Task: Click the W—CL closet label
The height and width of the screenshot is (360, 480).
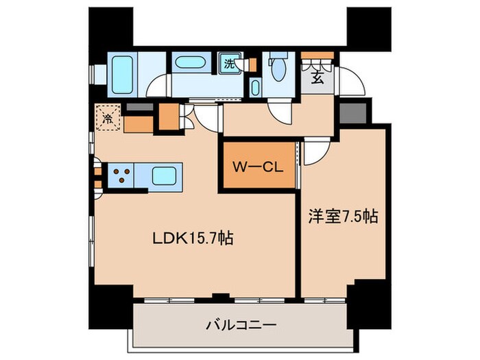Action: pyautogui.click(x=258, y=167)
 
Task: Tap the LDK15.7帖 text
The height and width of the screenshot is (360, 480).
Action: pyautogui.click(x=193, y=238)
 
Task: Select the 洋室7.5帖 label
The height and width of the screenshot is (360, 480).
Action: pyautogui.click(x=343, y=217)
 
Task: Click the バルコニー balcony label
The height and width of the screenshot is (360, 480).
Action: pyautogui.click(x=241, y=324)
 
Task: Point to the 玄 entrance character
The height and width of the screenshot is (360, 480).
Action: pyautogui.click(x=317, y=77)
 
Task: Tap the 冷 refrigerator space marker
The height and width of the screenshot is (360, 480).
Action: pyautogui.click(x=108, y=117)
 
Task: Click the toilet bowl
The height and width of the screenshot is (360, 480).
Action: pyautogui.click(x=278, y=69)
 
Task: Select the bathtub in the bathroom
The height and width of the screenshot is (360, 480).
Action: pyautogui.click(x=122, y=75)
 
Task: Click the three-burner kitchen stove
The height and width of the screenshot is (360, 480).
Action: pyautogui.click(x=121, y=176)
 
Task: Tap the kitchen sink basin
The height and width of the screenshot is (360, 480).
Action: pyautogui.click(x=164, y=176)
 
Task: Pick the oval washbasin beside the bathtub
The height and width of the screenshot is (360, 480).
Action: pyautogui.click(x=190, y=62)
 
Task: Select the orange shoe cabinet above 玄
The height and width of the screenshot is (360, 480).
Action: pyautogui.click(x=317, y=56)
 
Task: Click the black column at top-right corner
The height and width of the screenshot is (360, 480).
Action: pyautogui.click(x=369, y=29)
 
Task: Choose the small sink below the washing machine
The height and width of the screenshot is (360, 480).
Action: pyautogui.click(x=255, y=87)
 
